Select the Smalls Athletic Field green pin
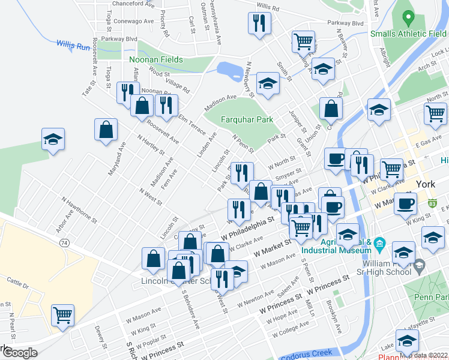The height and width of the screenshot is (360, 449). [x=409, y=18]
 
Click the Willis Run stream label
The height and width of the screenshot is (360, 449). [x=73, y=44]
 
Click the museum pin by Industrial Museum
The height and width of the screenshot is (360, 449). [x=379, y=244]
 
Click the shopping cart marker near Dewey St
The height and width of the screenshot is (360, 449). [x=62, y=314]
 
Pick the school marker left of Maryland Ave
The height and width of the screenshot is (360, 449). [x=53, y=139]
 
